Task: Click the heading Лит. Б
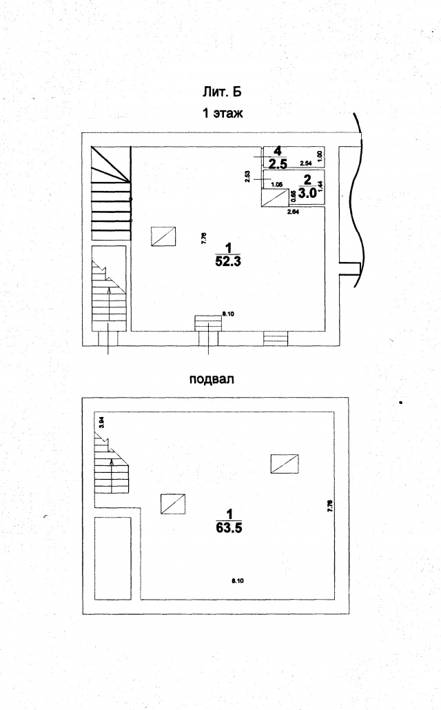[223, 92]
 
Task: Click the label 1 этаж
[223, 114]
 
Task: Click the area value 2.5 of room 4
[278, 164]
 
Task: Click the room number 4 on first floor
[277, 151]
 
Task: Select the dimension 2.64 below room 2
[293, 212]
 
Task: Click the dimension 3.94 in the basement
[101, 423]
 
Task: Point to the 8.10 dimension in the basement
[238, 581]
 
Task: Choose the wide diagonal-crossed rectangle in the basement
[285, 464]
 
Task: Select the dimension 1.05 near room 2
[277, 184]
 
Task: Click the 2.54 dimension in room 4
[306, 163]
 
